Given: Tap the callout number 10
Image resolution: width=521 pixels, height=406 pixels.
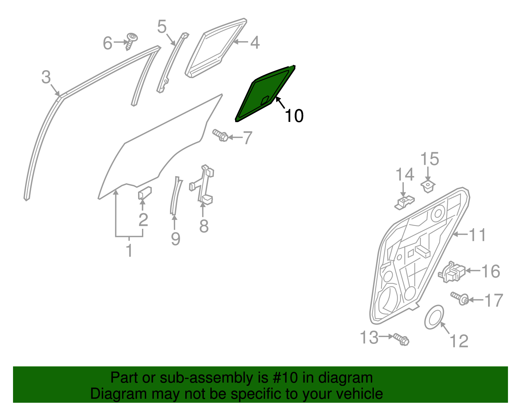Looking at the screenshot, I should pos(294,116).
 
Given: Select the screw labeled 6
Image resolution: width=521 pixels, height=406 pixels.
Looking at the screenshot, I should pos(131,41).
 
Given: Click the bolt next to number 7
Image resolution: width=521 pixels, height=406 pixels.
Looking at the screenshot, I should pos(221,136).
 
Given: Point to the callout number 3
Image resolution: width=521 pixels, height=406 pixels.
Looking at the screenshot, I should pos(46,78).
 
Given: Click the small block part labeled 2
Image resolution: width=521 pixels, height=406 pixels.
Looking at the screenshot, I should pos(145,192).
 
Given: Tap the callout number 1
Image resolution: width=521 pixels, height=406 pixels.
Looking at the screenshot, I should pos(129,251).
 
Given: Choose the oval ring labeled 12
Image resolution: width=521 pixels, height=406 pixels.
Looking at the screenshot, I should pos(434,317).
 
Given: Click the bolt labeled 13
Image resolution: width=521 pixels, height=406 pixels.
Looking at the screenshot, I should pos(401,339).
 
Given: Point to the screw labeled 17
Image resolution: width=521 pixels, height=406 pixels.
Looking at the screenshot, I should pos(460,298).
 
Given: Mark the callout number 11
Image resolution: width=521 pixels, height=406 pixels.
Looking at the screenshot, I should pos(477,235).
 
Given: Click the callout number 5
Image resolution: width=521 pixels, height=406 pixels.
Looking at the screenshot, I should pos(162,27).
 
